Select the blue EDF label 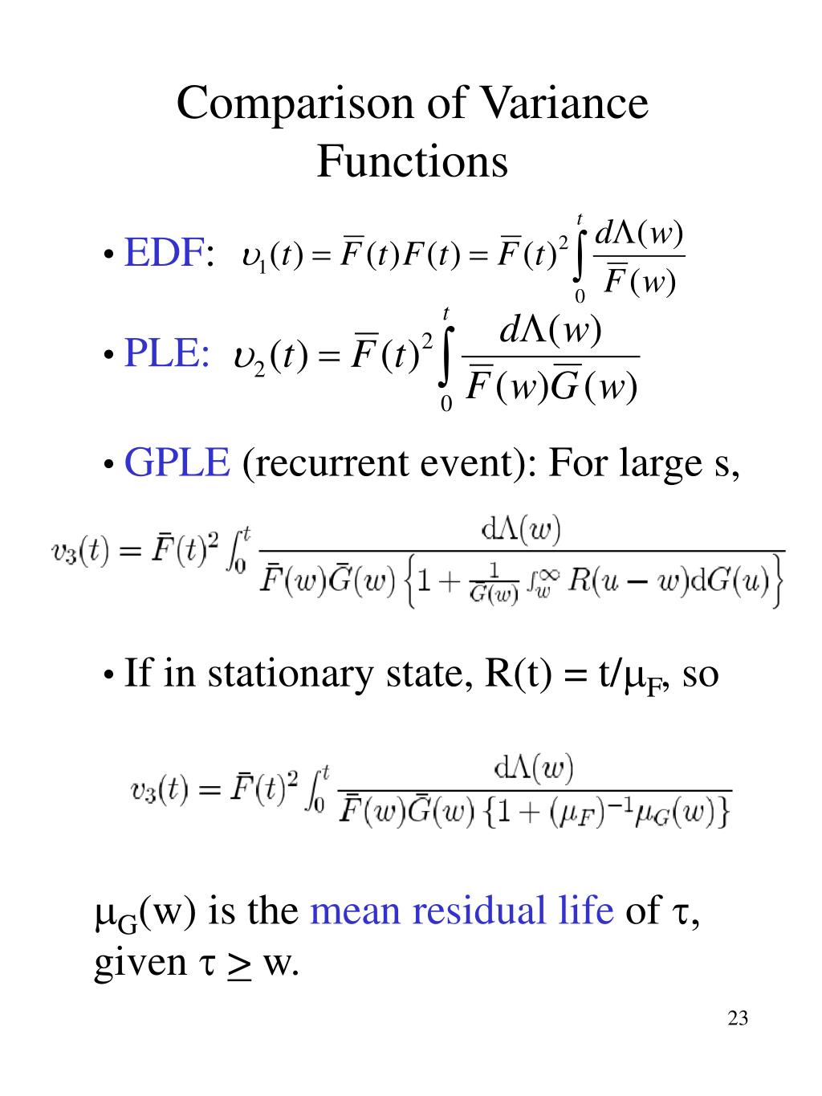(162, 254)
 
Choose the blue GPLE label (177, 463)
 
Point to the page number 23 (738, 1019)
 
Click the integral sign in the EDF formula (580, 255)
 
